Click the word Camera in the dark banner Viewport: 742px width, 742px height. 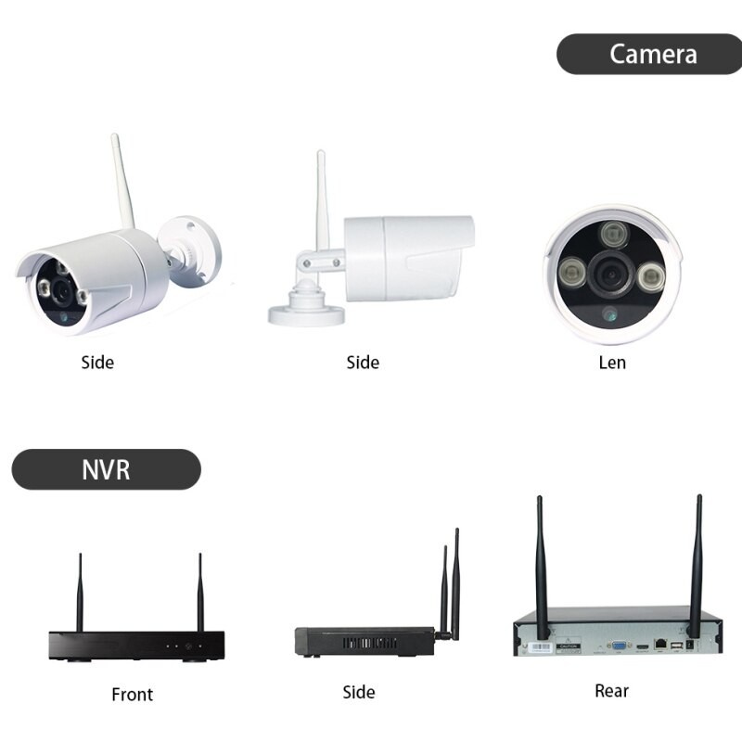(653, 54)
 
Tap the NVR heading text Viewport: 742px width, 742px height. (106, 470)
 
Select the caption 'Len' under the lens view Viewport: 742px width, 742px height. (612, 363)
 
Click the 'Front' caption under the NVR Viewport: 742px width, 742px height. (132, 694)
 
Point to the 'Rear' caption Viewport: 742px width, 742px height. (611, 691)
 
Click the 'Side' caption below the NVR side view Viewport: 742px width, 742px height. (359, 692)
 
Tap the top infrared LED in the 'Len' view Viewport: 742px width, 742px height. (614, 235)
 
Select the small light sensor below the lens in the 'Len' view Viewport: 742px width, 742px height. (609, 313)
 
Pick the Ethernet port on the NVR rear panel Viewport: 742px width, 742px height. (660, 644)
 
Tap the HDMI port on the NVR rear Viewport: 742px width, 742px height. (642, 646)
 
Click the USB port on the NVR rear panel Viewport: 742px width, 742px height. (677, 646)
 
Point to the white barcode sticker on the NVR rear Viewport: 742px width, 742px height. (540, 647)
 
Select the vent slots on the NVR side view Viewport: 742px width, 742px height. (370, 643)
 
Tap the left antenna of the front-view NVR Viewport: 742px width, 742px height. (80, 592)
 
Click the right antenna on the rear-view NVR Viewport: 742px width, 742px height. (697, 566)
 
